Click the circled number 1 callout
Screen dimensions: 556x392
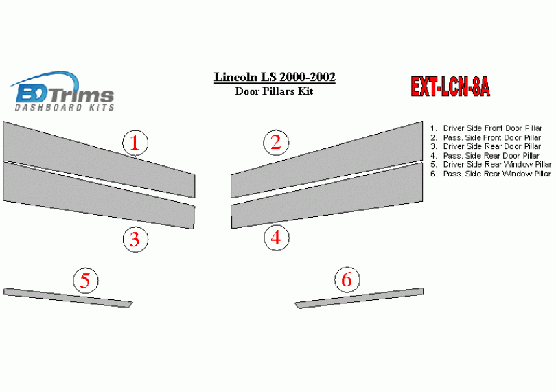(x=135, y=143)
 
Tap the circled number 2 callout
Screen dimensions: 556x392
(x=276, y=142)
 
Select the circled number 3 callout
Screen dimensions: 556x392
(x=135, y=240)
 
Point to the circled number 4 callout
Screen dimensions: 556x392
(x=276, y=238)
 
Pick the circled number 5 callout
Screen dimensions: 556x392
(x=85, y=280)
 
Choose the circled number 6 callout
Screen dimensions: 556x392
(x=347, y=279)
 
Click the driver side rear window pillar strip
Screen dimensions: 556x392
(x=68, y=298)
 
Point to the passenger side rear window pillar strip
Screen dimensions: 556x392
(x=359, y=298)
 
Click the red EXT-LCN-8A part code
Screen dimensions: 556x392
(x=450, y=87)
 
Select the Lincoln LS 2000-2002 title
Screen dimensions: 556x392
(x=275, y=77)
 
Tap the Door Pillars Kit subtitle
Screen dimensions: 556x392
(x=274, y=91)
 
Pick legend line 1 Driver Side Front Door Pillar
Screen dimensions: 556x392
(x=486, y=128)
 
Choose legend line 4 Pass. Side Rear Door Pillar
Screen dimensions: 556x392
(x=485, y=155)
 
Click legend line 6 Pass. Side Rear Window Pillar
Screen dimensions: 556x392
(x=491, y=174)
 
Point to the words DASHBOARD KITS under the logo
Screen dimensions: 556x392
(x=65, y=107)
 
